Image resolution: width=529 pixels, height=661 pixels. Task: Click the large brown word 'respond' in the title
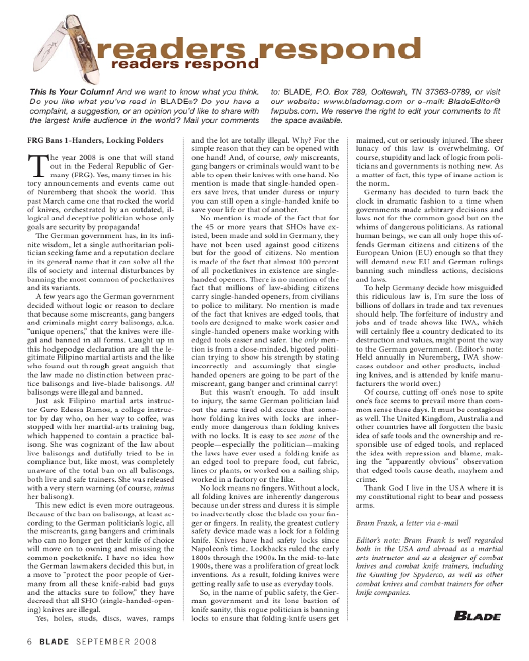click(x=335, y=50)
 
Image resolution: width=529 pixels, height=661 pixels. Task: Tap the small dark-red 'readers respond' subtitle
click(x=175, y=64)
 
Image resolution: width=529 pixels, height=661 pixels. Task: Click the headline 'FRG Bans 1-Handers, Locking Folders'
click(x=95, y=141)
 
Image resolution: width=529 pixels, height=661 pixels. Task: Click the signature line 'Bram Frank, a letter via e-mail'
click(x=407, y=523)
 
